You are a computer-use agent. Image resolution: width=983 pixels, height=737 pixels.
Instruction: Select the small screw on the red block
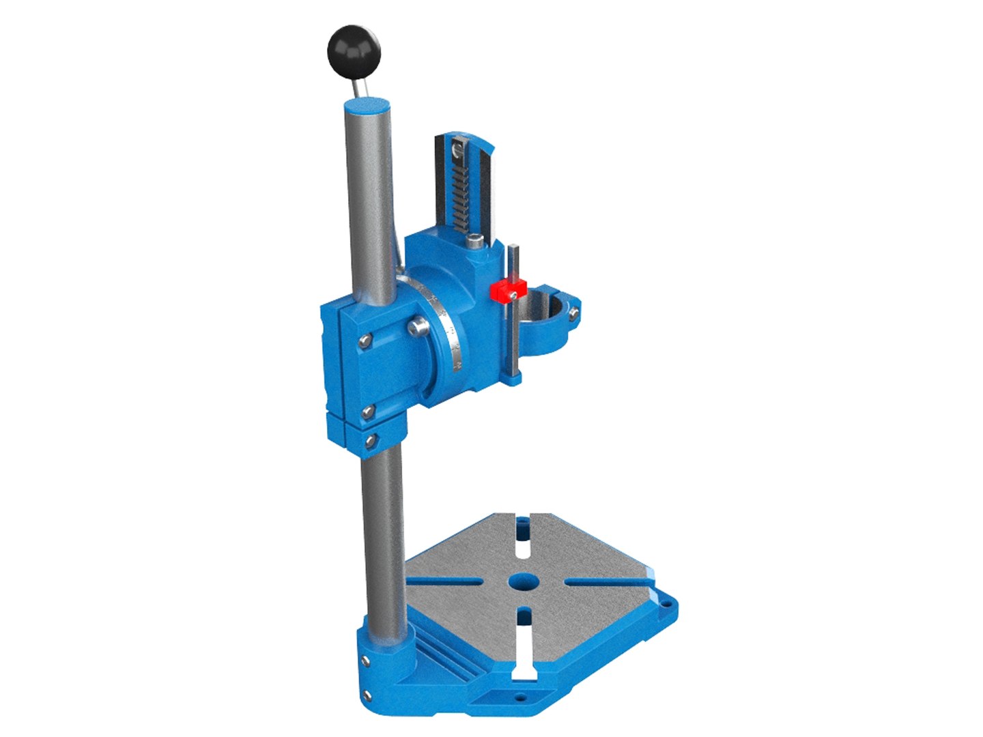pos(512,295)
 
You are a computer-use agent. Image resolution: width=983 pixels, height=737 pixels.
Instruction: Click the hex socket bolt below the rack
pos(474,240)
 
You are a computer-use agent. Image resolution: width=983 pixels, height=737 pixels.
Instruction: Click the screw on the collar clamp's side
pos(574,313)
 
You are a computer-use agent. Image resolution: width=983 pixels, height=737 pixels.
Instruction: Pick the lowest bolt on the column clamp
pos(371,442)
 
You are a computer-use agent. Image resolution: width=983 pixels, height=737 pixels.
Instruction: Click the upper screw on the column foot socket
pos(367,659)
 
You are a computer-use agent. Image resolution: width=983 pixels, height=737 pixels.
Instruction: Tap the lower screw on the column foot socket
pos(369,694)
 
